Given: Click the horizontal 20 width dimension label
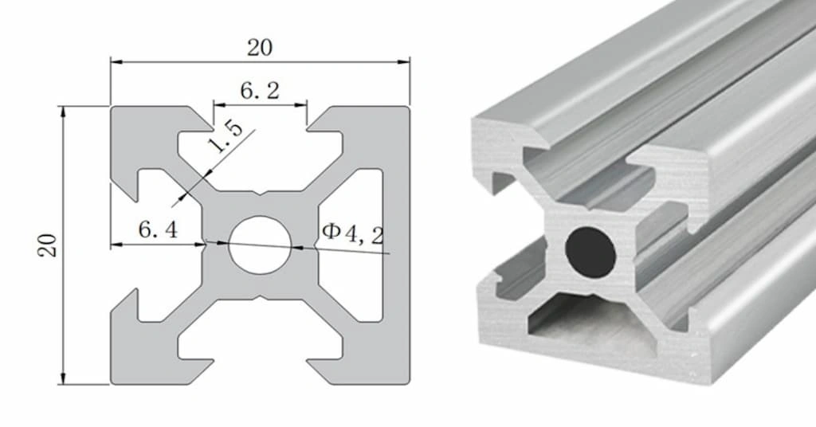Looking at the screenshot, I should coord(259,48).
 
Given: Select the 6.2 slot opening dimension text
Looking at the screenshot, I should coord(260,91).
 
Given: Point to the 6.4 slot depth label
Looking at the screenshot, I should coord(158,230).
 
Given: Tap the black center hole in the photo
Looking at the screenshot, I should coord(590,251).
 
